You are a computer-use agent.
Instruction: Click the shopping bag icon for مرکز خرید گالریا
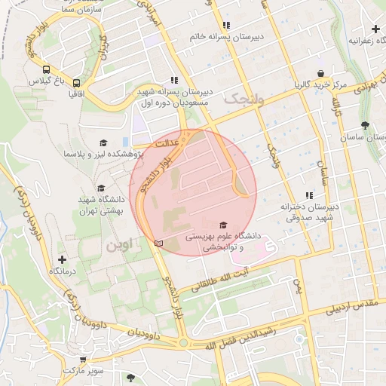tap(321, 73)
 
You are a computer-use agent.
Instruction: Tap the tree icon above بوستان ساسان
tap(365, 125)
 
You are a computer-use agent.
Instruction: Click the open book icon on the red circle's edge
tap(158, 243)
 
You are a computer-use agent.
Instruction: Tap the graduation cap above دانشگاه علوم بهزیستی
tap(222, 225)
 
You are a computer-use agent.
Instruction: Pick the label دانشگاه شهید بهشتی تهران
tap(101, 204)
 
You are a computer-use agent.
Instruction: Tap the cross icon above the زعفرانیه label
tap(375, 29)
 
